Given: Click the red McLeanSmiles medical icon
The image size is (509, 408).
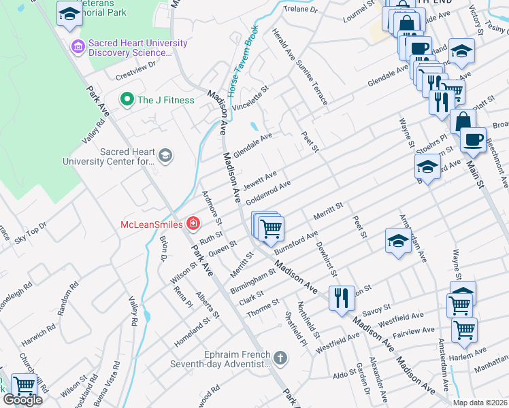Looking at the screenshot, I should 193,224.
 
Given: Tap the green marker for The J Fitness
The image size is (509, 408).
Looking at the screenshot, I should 126,100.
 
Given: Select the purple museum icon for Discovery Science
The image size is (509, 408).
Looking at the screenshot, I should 77,47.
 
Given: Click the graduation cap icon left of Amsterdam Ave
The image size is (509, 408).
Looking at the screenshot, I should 398,241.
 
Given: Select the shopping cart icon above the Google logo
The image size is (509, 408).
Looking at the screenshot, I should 24,386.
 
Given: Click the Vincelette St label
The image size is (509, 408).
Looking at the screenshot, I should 250,99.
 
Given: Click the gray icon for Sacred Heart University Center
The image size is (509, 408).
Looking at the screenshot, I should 165,156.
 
